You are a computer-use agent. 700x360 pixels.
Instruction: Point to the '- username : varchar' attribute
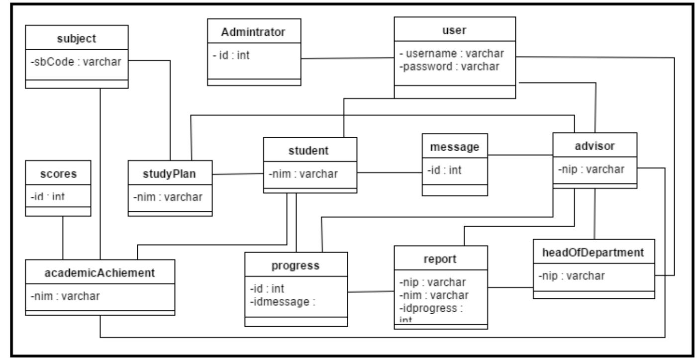coord(452,53)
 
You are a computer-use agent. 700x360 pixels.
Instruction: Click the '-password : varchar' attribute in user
coord(449,66)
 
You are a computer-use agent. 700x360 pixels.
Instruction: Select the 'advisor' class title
coord(596,146)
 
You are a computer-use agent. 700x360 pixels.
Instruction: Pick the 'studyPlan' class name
coord(170,174)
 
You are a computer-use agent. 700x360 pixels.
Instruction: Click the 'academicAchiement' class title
coord(100,272)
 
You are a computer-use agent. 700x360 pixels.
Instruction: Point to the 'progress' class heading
coord(296,265)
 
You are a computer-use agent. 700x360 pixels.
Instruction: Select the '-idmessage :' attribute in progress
coord(283,300)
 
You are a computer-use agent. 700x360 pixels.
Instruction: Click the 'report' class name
coord(440,259)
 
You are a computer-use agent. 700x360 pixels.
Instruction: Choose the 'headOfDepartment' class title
coord(594,253)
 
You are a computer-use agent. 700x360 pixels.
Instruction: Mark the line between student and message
coord(389,173)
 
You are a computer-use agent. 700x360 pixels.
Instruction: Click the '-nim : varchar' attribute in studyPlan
coord(168,196)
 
